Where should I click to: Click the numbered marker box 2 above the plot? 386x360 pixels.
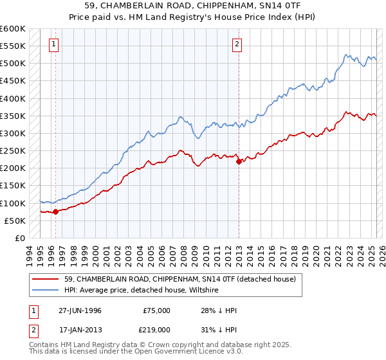click(x=237, y=44)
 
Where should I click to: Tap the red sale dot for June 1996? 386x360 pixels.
click(x=55, y=211)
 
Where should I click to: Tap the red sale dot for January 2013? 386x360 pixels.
click(x=239, y=161)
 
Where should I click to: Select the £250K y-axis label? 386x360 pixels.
click(x=13, y=151)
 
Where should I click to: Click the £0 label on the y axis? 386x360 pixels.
click(x=20, y=238)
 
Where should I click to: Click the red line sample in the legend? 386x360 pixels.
click(x=45, y=279)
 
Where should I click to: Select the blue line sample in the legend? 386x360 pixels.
click(x=45, y=290)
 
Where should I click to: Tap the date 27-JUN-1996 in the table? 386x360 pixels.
click(x=80, y=310)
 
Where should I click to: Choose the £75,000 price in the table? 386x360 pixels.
click(x=156, y=310)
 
